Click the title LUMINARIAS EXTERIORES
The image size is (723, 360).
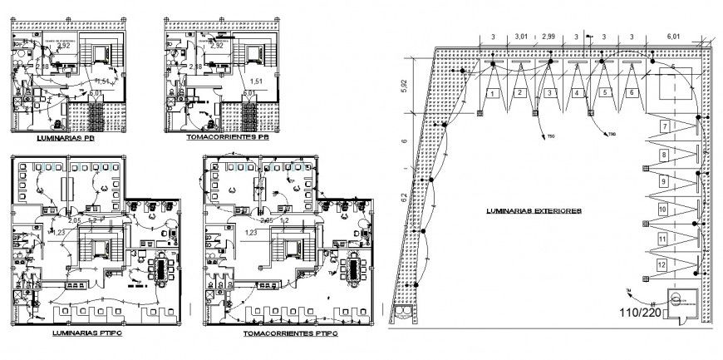tap(534, 211)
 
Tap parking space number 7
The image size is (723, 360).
tap(664, 126)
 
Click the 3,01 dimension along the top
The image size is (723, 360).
tap(521, 37)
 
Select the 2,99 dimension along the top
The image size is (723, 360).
tap(548, 37)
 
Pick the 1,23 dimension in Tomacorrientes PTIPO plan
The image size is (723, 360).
tap(250, 234)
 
